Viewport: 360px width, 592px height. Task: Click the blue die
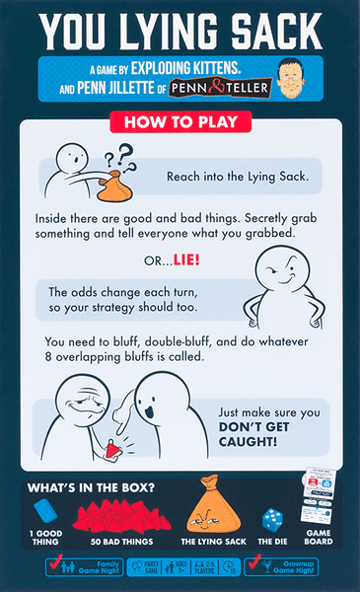pos(271,519)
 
